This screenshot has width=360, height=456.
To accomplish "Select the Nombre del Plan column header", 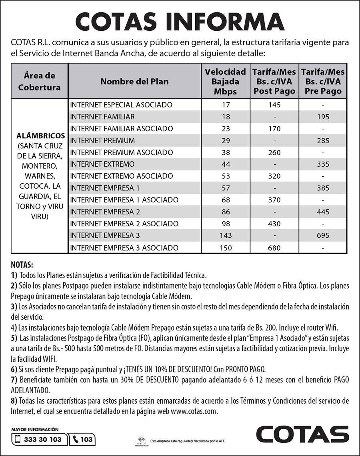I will pyautogui.click(x=134, y=82).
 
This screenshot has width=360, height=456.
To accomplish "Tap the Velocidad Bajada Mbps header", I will pyautogui.click(x=225, y=82).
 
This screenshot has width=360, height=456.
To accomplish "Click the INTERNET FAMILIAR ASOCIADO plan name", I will pyautogui.click(x=122, y=129).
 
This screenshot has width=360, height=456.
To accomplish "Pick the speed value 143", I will pyautogui.click(x=226, y=235).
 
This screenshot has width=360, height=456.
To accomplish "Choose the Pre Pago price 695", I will pyautogui.click(x=323, y=235).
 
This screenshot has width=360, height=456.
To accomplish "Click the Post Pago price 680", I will pyautogui.click(x=274, y=248).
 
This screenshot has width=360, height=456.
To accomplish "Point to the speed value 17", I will pyautogui.click(x=226, y=105).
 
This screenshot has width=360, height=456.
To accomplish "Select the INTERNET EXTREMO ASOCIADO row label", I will pyautogui.click(x=121, y=176).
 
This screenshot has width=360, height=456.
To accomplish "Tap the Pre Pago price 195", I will pyautogui.click(x=323, y=117).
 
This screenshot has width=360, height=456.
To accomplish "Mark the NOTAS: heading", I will pyautogui.click(x=22, y=265).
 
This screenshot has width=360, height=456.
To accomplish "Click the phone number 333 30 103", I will pyautogui.click(x=43, y=440).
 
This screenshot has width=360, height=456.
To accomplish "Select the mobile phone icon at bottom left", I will pyautogui.click(x=17, y=440).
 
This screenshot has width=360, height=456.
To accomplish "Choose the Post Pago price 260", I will pyautogui.click(x=274, y=153).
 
